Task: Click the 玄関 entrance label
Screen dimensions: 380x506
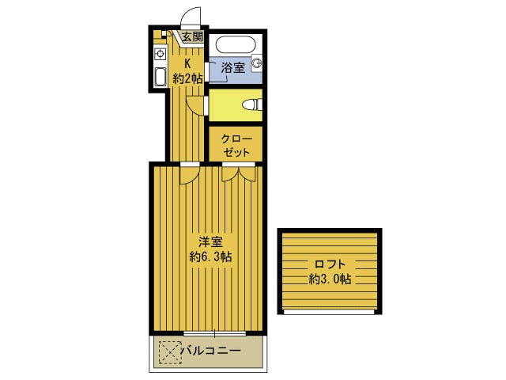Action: [x=191, y=36]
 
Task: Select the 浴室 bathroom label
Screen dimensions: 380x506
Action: [x=232, y=68]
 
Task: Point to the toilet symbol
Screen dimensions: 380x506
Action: [x=251, y=104]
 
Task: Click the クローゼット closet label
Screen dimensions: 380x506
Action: [x=236, y=145]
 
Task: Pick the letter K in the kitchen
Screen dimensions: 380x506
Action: [x=187, y=63]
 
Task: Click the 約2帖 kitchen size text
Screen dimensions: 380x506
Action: [x=187, y=78]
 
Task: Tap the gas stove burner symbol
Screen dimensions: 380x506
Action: [x=159, y=54]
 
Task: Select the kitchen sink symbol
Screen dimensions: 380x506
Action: [x=159, y=76]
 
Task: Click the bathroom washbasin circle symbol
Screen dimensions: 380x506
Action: [x=256, y=63]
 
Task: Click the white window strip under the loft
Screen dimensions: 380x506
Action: [x=330, y=312]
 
